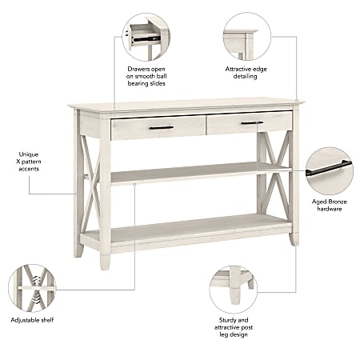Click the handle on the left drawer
[x=161, y=128]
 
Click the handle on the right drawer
[x=252, y=123]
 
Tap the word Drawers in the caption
[x=138, y=69]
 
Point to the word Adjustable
[x=25, y=320]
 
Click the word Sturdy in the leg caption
[x=227, y=320]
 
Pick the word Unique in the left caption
[x=29, y=154]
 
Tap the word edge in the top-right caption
[x=260, y=70]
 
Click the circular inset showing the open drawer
[x=146, y=37]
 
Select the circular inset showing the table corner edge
[x=247, y=37]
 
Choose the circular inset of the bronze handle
[x=330, y=171]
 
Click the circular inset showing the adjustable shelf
[x=32, y=288]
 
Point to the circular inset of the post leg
[x=234, y=290]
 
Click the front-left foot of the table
[x=105, y=262]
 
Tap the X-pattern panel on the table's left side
[x=90, y=183]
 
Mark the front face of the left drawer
[x=158, y=128]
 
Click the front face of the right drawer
[x=250, y=123]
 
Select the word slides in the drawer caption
[x=158, y=83]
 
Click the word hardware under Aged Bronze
[x=330, y=209]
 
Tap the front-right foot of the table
[x=294, y=239]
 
